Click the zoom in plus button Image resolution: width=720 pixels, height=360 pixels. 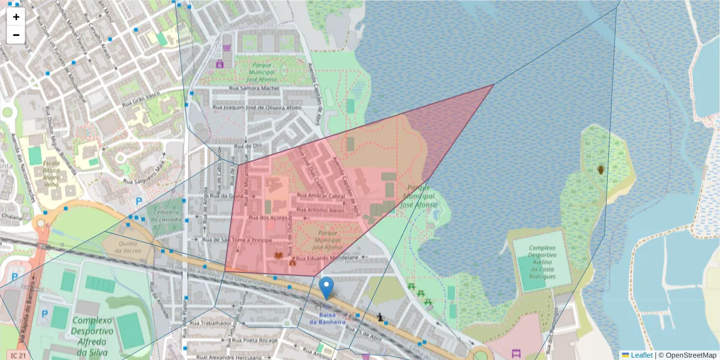(16, 17)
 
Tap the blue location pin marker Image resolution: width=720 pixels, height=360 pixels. (326, 288)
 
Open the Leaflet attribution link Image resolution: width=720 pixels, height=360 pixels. (641, 355)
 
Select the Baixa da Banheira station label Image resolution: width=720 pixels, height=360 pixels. (327, 319)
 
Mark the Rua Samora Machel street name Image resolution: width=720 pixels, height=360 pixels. (254, 89)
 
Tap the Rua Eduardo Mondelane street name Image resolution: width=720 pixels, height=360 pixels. (328, 257)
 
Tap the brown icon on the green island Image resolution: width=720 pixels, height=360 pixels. (601, 170)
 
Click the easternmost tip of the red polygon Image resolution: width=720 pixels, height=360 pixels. (493, 85)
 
